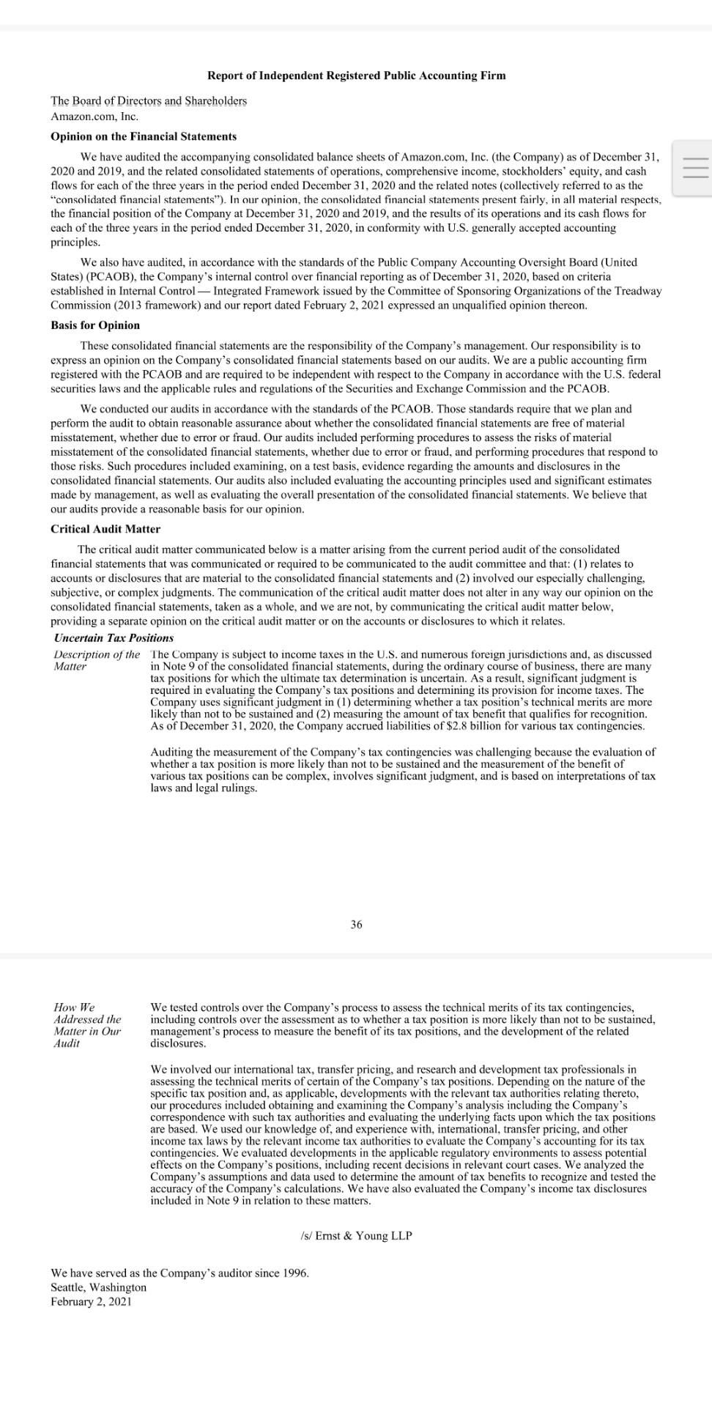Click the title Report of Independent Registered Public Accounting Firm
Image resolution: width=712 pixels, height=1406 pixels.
pyautogui.click(x=356, y=75)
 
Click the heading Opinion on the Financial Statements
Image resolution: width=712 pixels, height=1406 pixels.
pyautogui.click(x=144, y=136)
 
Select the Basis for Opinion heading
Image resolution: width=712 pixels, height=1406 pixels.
pyautogui.click(x=95, y=325)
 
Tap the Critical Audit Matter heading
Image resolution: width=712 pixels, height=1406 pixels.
pyautogui.click(x=105, y=529)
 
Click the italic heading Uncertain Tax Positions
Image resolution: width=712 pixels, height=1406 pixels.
pyautogui.click(x=114, y=638)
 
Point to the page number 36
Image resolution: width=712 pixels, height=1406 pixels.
pyautogui.click(x=356, y=925)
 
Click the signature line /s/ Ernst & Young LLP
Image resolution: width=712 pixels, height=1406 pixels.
pyautogui.click(x=356, y=1235)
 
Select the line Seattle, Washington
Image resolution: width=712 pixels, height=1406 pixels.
pyautogui.click(x=98, y=1287)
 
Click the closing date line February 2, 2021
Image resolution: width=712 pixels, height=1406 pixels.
pyautogui.click(x=91, y=1301)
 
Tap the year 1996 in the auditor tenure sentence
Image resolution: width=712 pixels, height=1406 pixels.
pyautogui.click(x=294, y=1273)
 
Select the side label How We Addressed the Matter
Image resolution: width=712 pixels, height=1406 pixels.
pyautogui.click(x=87, y=1025)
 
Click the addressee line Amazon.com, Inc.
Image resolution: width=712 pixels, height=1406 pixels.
pyautogui.click(x=94, y=116)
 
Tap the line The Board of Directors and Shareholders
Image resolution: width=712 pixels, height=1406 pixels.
pyautogui.click(x=149, y=101)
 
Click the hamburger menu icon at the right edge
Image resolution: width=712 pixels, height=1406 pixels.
pyautogui.click(x=695, y=168)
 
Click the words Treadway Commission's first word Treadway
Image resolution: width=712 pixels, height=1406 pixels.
pyautogui.click(x=637, y=291)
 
